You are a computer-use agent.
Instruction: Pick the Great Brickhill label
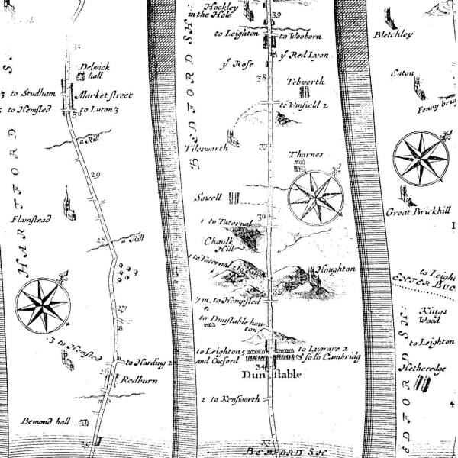(x=415, y=211)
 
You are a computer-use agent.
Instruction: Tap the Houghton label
(x=336, y=270)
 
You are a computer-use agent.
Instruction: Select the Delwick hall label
(x=95, y=71)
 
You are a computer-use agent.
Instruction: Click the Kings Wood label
(x=432, y=316)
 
